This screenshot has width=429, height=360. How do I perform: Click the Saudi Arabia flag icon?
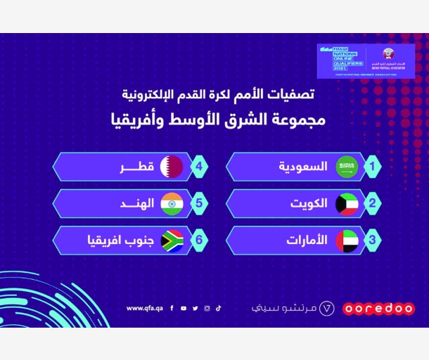(x=346, y=167)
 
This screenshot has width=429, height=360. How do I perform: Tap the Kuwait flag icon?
(x=346, y=204)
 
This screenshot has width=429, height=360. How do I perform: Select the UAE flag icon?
(x=346, y=240)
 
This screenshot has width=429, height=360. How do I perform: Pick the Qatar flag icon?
(x=172, y=167)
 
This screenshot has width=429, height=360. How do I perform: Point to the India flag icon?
(x=172, y=204)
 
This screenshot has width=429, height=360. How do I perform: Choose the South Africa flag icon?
(x=172, y=240)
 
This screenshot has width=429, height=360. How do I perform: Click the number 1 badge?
(x=373, y=167)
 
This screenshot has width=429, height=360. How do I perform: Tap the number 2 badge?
(x=373, y=204)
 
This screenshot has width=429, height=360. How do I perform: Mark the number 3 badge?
(x=373, y=240)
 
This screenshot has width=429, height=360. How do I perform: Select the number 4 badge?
(x=200, y=167)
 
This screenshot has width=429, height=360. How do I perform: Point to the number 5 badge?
(x=200, y=204)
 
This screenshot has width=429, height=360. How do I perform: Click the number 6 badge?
(x=200, y=240)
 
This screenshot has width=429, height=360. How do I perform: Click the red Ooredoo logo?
(x=378, y=309)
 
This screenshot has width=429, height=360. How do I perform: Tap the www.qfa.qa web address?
(x=145, y=308)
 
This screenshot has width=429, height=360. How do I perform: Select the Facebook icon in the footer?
(x=172, y=308)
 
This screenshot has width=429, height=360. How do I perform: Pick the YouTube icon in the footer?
(x=184, y=308)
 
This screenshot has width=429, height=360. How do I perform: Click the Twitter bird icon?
(x=195, y=308)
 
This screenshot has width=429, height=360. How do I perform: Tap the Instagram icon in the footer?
(x=207, y=308)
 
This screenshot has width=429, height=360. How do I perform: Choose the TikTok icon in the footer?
(x=218, y=308)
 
